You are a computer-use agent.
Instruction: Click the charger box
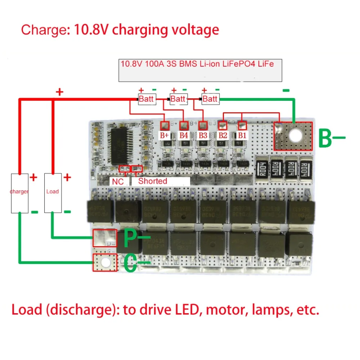click(x=19, y=193)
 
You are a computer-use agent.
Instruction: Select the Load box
click(x=53, y=193)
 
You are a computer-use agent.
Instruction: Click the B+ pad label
click(x=165, y=135)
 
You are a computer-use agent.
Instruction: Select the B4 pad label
click(x=184, y=135)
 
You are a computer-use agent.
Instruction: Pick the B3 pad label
click(x=203, y=135)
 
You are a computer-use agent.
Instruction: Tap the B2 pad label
click(x=222, y=135)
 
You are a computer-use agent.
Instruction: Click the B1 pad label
click(x=242, y=135)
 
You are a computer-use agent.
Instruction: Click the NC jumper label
click(x=118, y=181)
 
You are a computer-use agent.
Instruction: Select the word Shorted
click(x=153, y=181)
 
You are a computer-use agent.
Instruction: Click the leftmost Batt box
click(x=147, y=99)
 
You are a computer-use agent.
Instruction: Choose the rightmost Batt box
click(x=210, y=99)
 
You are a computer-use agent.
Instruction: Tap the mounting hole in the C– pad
click(x=105, y=263)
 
